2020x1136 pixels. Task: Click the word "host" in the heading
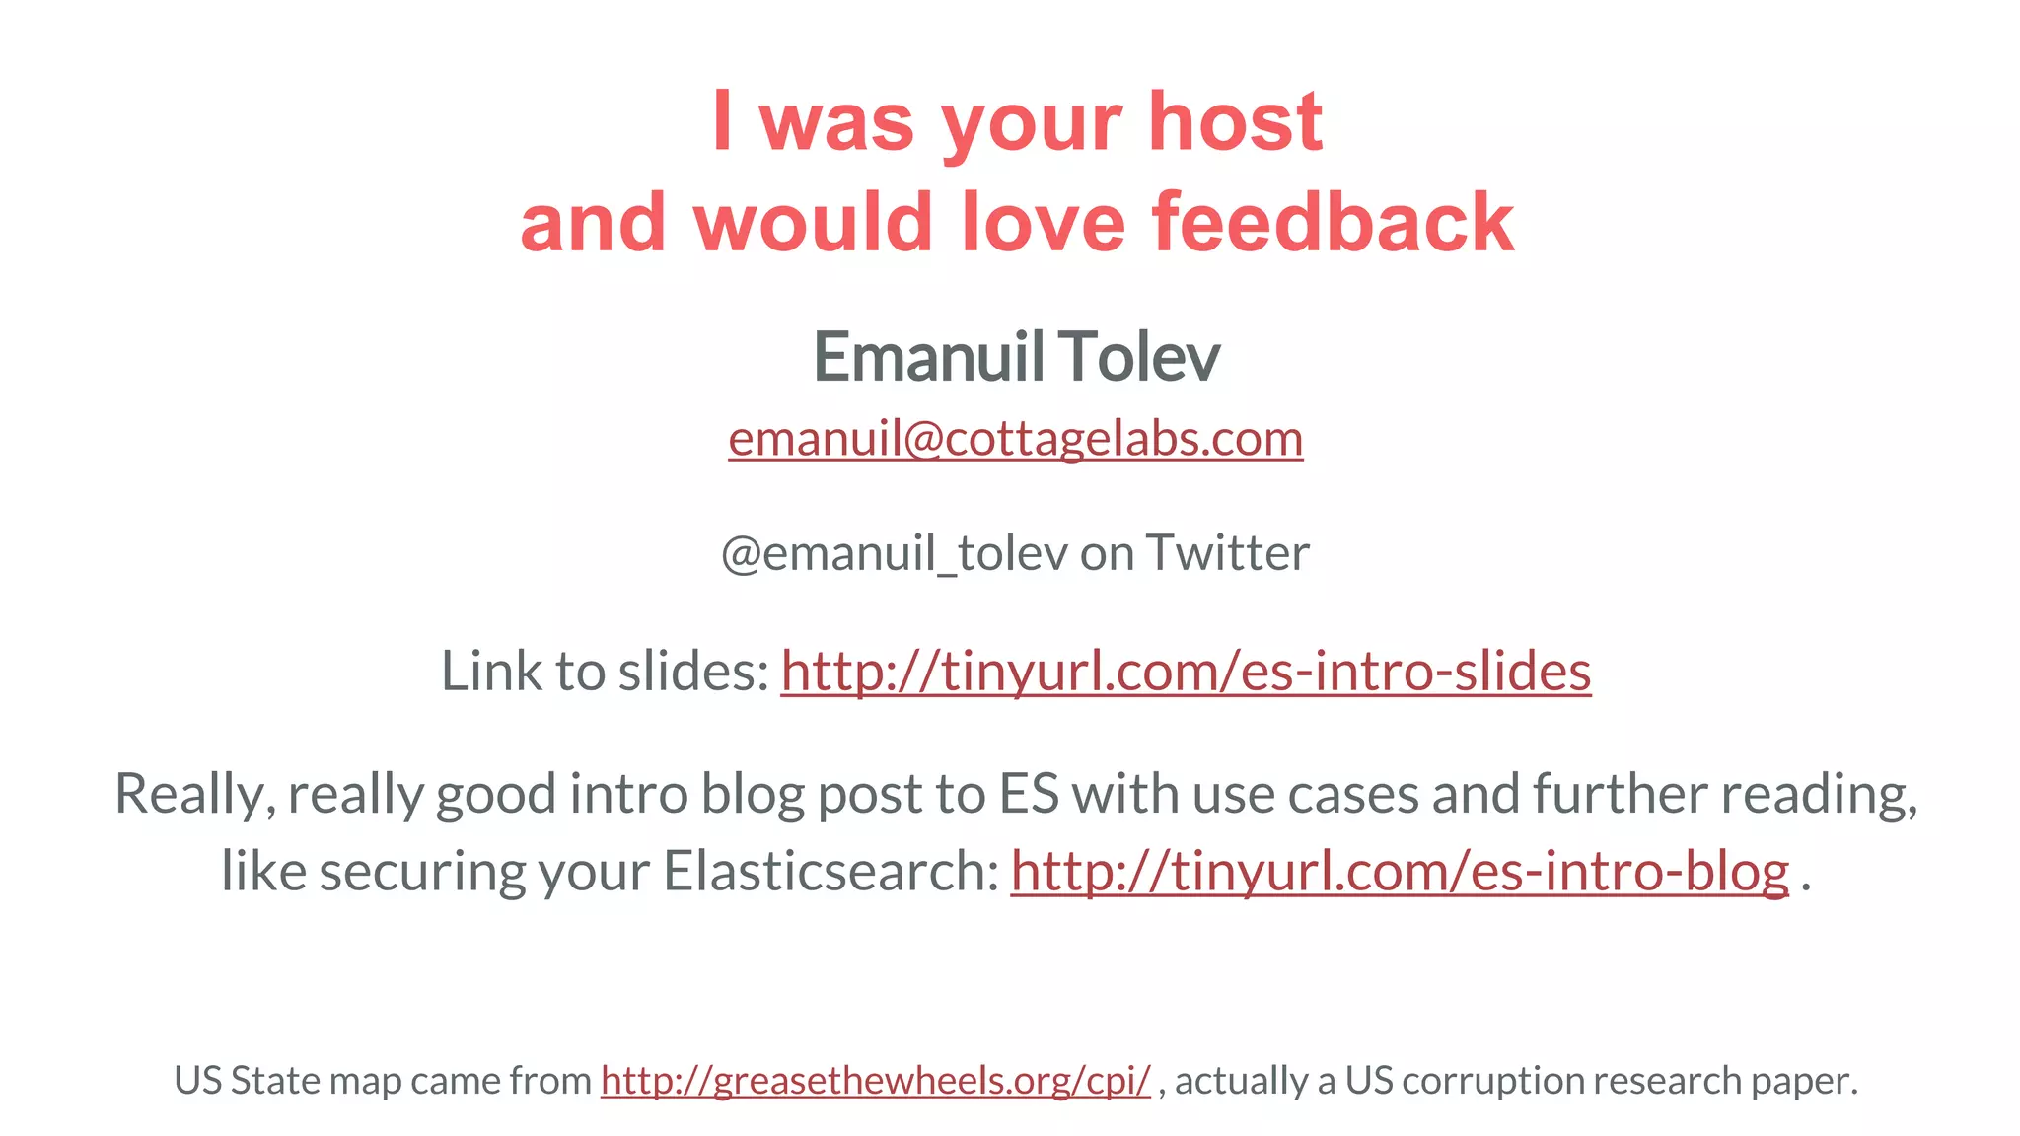coord(1235,122)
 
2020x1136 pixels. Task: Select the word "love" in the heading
coord(1043,223)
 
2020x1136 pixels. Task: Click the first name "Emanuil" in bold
coord(928,357)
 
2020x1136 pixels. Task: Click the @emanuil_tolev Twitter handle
coord(894,553)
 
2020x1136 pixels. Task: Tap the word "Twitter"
coord(1227,553)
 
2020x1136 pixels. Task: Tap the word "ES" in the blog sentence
coord(1028,794)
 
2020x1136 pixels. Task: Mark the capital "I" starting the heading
coord(722,122)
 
